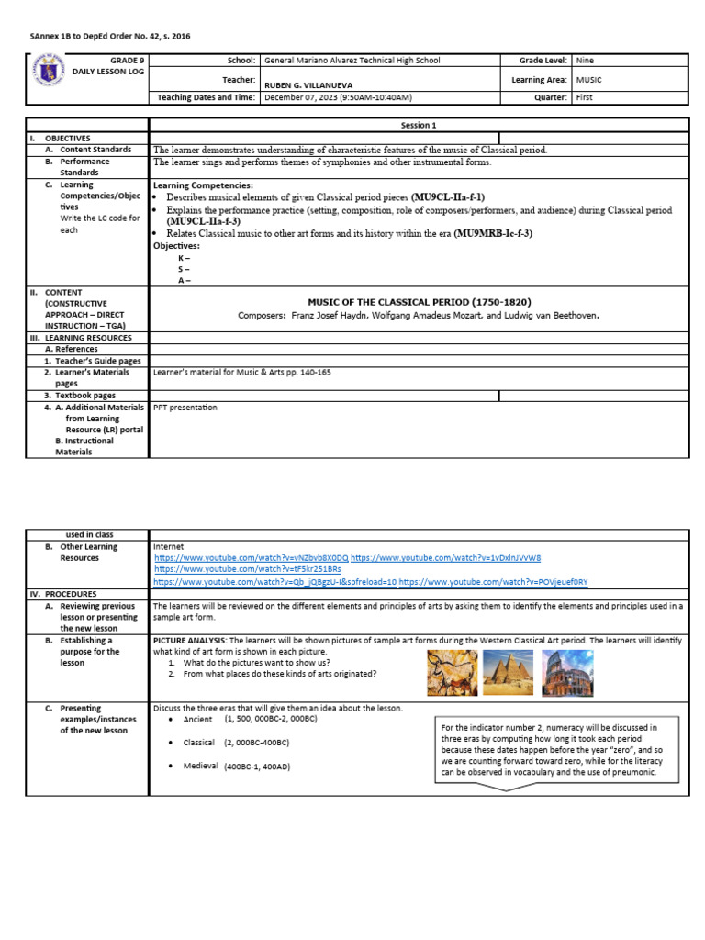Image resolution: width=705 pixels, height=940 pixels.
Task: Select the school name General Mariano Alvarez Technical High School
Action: click(x=352, y=61)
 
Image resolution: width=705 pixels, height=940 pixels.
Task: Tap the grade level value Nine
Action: click(x=585, y=61)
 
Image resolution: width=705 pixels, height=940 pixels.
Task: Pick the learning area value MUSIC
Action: click(x=588, y=80)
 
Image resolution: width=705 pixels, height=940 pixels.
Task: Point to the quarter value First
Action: click(x=585, y=97)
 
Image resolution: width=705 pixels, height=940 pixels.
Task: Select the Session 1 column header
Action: click(x=419, y=125)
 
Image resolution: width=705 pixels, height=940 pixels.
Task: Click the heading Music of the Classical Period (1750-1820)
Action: click(x=420, y=302)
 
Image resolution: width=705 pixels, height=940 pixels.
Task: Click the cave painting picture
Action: click(x=452, y=672)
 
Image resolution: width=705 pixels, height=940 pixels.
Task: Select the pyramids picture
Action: click(x=508, y=672)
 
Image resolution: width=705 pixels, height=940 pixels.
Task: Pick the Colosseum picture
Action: click(x=566, y=672)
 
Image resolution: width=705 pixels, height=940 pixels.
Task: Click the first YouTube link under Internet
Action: click(x=251, y=557)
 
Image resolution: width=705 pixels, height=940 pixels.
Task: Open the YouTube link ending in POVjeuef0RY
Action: click(x=493, y=582)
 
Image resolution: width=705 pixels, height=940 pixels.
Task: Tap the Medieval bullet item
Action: click(x=200, y=766)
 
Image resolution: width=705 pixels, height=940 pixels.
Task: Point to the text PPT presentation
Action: click(x=185, y=408)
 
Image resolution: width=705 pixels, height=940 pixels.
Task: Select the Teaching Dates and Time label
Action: click(x=207, y=97)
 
